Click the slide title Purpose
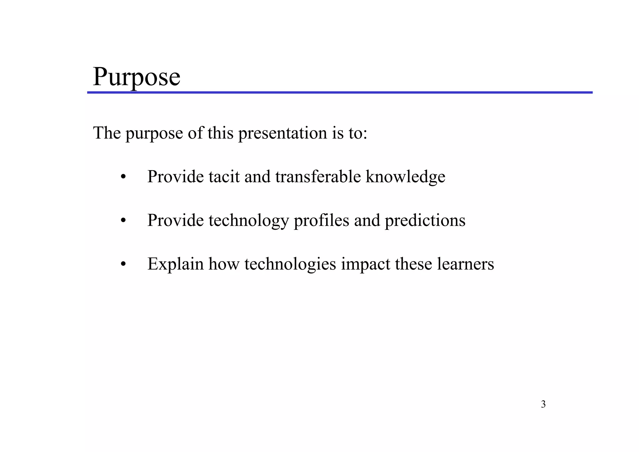pyautogui.click(x=136, y=76)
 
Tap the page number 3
pyautogui.click(x=543, y=404)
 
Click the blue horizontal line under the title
pyautogui.click(x=339, y=92)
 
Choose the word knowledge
pyautogui.click(x=405, y=177)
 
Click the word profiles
pyautogui.click(x=321, y=220)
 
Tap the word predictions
pyautogui.click(x=425, y=220)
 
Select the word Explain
pyautogui.click(x=175, y=264)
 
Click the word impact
pyautogui.click(x=365, y=264)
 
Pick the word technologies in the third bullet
pyautogui.click(x=290, y=264)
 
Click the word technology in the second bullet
pyautogui.click(x=249, y=221)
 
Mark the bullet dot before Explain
pyautogui.click(x=123, y=265)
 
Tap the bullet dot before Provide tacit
pyautogui.click(x=123, y=177)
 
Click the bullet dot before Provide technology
pyautogui.click(x=123, y=221)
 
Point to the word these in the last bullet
pyautogui.click(x=413, y=264)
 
